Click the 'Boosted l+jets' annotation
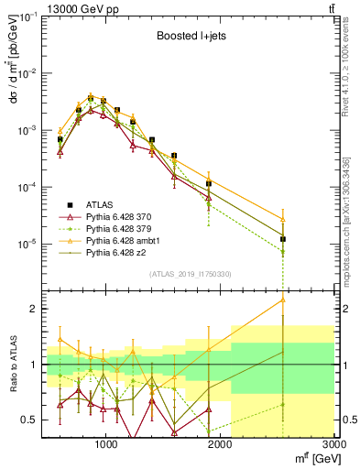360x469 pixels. (x=188, y=38)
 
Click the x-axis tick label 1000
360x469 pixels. (x=105, y=445)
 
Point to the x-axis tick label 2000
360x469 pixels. (x=220, y=445)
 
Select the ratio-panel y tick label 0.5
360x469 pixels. (x=31, y=420)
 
